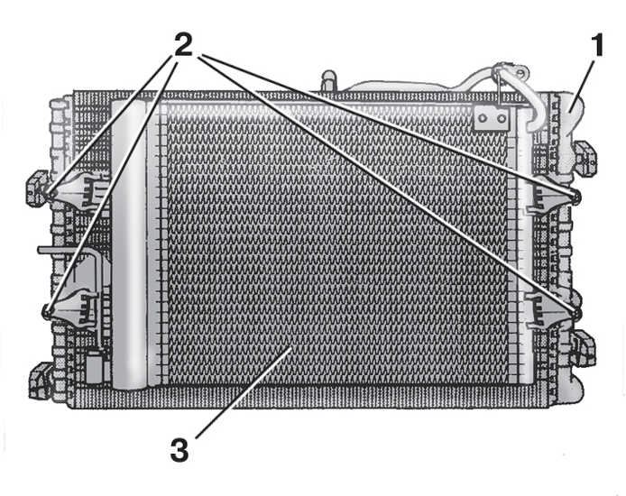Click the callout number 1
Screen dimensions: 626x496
click(x=597, y=45)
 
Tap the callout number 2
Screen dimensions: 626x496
click(x=183, y=44)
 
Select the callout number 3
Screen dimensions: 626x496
click(x=180, y=450)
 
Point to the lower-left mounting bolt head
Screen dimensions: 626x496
click(x=48, y=310)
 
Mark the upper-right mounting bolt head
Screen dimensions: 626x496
click(x=575, y=196)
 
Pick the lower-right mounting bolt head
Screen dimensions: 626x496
click(x=575, y=313)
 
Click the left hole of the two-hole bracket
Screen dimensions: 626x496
click(x=483, y=118)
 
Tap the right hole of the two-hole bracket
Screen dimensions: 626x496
click(x=502, y=118)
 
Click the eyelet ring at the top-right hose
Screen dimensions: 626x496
click(x=520, y=73)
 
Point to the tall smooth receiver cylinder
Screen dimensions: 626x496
click(x=129, y=244)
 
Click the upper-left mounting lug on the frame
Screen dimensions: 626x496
click(x=38, y=188)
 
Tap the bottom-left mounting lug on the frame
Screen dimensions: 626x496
click(x=40, y=381)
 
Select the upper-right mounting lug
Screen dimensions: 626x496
click(x=585, y=158)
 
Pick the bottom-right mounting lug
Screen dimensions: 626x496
click(x=584, y=348)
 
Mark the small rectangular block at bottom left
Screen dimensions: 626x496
click(x=95, y=366)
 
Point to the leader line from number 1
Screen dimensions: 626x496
click(x=582, y=84)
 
